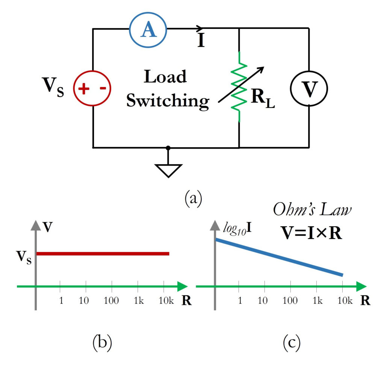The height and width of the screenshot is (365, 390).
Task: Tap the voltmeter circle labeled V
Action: coord(309,89)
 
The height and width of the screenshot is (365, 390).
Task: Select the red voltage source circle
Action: coord(92,89)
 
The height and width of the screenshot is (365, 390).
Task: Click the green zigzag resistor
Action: coord(239,87)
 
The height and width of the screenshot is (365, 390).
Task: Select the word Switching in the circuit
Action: coord(167,100)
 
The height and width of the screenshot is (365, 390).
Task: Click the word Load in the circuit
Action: coord(165,77)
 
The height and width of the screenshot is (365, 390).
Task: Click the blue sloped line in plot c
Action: coord(279,257)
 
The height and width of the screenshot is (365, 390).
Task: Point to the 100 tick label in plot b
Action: coord(112,301)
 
